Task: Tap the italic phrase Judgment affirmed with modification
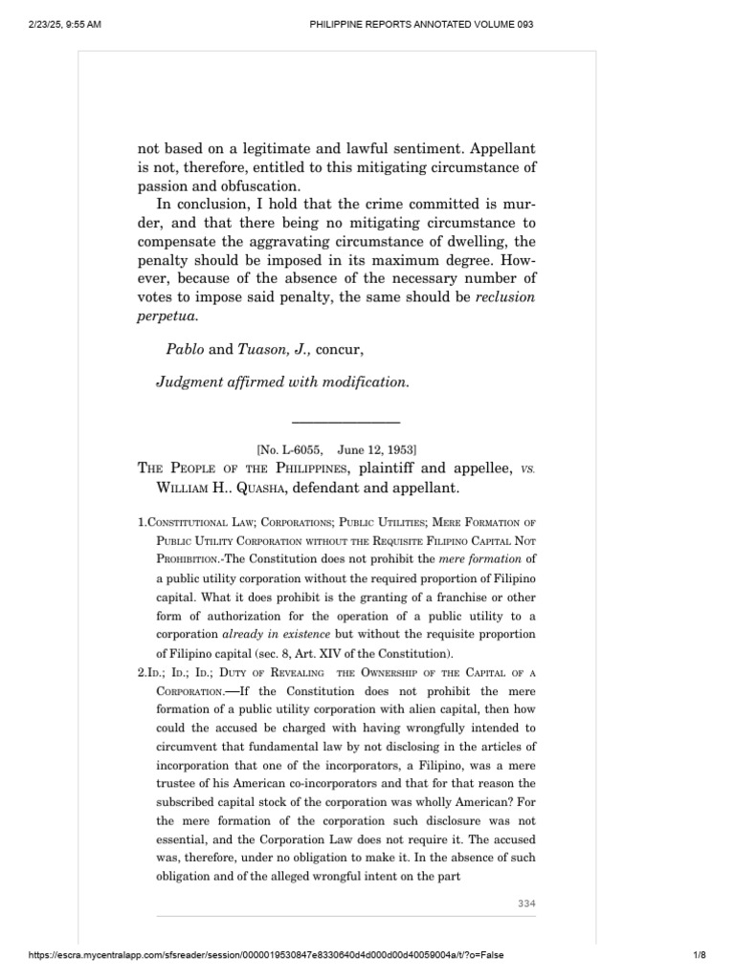(x=282, y=381)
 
